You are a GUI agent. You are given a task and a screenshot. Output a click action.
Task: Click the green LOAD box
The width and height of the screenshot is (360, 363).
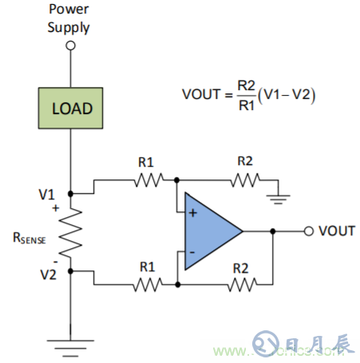(71, 109)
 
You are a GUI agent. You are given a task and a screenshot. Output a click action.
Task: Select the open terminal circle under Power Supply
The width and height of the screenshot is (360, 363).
(71, 46)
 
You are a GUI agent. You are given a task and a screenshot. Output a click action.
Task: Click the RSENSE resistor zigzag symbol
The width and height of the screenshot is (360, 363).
(71, 232)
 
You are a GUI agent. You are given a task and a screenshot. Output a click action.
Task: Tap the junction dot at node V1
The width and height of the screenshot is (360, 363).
(71, 193)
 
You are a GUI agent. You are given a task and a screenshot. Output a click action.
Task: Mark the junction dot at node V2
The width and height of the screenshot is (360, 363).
(71, 271)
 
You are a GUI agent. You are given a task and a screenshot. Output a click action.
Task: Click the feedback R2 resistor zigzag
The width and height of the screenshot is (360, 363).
(242, 284)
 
